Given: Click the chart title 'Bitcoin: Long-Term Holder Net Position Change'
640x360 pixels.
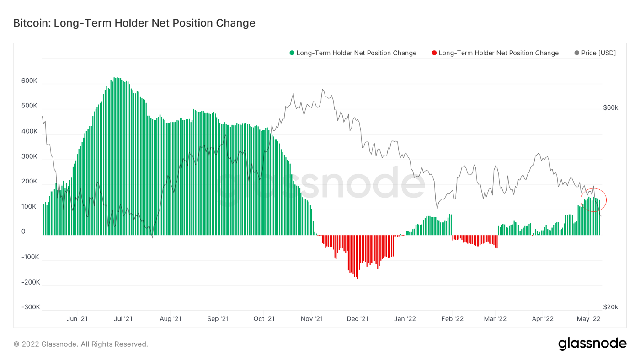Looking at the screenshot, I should pyautogui.click(x=134, y=23).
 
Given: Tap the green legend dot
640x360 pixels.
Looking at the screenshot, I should pyautogui.click(x=292, y=53).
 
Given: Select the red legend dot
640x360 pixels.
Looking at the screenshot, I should pyautogui.click(x=434, y=53).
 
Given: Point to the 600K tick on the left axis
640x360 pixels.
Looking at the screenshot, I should pyautogui.click(x=29, y=81).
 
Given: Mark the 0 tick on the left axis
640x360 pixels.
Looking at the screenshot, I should pyautogui.click(x=23, y=232).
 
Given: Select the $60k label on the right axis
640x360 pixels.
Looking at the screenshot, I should pyautogui.click(x=610, y=108).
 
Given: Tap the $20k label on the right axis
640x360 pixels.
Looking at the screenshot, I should pyautogui.click(x=610, y=307).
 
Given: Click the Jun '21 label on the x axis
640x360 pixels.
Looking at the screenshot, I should pyautogui.click(x=77, y=318).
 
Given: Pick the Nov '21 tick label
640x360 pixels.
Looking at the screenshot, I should pyautogui.click(x=312, y=318).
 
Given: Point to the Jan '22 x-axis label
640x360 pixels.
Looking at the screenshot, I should pyautogui.click(x=405, y=318).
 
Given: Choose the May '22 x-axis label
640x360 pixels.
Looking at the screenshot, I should pyautogui.click(x=589, y=318).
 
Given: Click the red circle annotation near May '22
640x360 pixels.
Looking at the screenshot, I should pyautogui.click(x=593, y=200).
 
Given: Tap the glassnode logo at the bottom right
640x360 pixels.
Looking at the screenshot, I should pyautogui.click(x=592, y=344).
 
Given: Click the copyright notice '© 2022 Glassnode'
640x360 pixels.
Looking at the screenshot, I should pyautogui.click(x=80, y=344).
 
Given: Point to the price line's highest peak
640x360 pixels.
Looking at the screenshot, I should pyautogui.click(x=322, y=90).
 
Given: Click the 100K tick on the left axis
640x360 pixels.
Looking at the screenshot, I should pyautogui.click(x=29, y=207).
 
